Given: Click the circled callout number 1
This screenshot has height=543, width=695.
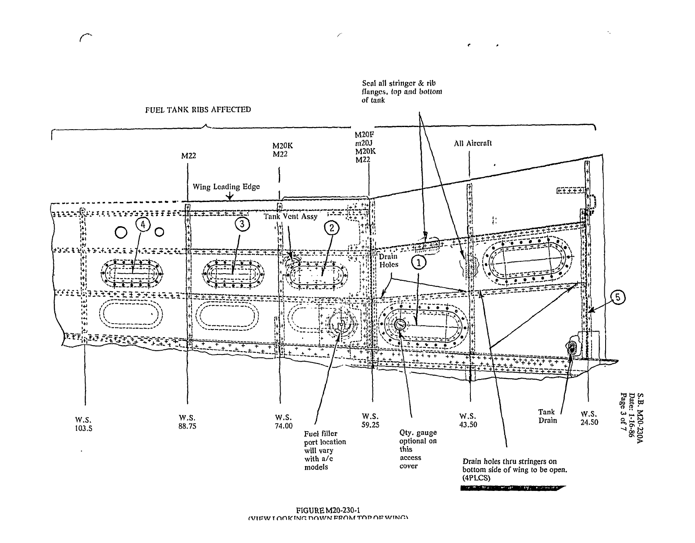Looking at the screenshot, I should point(419,263).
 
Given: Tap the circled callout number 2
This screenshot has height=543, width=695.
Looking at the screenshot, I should point(332,228).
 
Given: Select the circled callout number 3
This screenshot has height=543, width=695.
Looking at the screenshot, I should point(242,225).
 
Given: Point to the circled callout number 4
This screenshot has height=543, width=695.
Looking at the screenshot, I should point(143,225).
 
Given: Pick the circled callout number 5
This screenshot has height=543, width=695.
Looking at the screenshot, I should point(617,298).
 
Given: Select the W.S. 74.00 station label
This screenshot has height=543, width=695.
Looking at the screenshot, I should point(284,422).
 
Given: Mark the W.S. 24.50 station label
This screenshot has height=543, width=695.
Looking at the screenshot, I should point(589,418).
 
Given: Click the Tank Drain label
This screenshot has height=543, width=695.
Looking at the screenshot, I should point(547,416).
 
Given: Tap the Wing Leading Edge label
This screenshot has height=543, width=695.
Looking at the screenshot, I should point(226,187).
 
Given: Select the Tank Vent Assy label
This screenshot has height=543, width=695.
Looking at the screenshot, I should point(290,216).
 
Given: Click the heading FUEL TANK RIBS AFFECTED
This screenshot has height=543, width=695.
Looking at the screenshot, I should point(198,110).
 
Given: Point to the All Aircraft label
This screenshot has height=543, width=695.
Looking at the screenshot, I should point(473,144).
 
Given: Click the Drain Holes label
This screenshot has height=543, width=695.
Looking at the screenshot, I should point(388,260).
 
